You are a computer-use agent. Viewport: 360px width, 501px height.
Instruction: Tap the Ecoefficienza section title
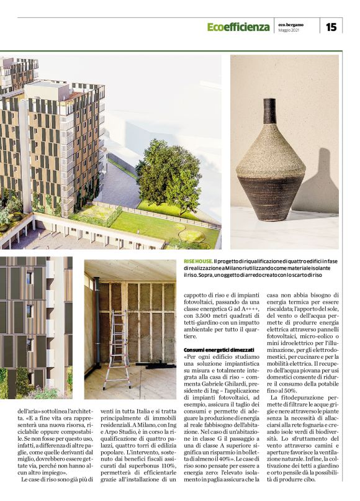click(x=238, y=27)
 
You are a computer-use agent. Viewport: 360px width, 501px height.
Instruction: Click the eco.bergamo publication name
click(x=291, y=24)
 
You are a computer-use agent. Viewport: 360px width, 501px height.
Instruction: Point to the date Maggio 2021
click(x=289, y=30)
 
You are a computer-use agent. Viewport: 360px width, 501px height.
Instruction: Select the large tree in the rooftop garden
click(x=169, y=175)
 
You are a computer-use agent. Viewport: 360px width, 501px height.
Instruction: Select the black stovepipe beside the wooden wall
click(x=97, y=329)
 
